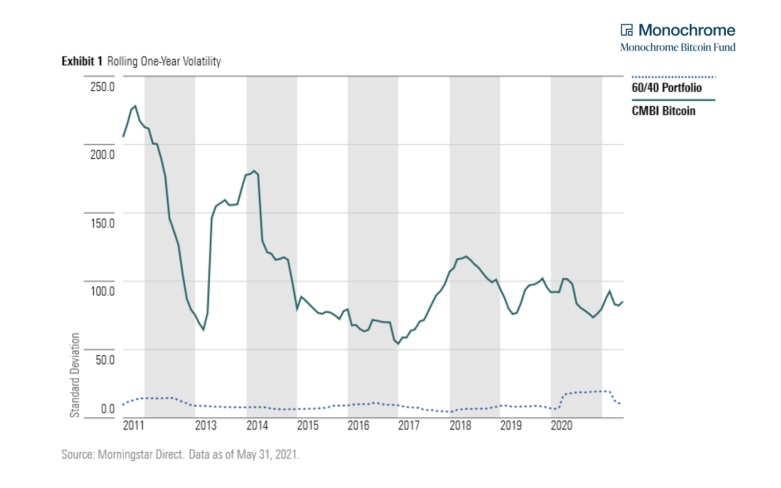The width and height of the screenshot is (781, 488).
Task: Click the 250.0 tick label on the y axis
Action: click(102, 87)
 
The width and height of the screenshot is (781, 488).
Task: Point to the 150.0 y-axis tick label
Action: click(102, 224)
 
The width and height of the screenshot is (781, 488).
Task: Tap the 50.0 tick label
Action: click(104, 360)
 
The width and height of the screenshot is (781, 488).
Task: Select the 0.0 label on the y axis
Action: click(107, 409)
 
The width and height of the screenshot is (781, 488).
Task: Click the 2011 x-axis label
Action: click(133, 426)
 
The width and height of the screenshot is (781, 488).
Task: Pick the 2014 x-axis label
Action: click(257, 426)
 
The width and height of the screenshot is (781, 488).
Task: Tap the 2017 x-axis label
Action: click(409, 426)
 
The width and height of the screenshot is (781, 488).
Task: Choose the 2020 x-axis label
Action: click(561, 426)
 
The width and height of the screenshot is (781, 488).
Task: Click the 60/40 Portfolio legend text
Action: click(666, 88)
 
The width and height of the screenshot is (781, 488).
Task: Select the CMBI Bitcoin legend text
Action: click(663, 111)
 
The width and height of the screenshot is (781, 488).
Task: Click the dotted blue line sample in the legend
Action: click(673, 77)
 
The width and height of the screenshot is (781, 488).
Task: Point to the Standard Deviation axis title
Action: click(75, 375)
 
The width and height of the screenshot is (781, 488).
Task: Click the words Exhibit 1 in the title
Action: click(82, 61)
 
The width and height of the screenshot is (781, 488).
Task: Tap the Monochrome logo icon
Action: click(626, 30)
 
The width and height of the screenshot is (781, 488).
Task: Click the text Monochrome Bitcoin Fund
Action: click(678, 47)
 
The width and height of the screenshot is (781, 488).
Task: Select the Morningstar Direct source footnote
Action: click(180, 454)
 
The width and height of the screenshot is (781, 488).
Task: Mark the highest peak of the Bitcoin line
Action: click(135, 106)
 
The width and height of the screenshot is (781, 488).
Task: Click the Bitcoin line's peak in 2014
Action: click(254, 171)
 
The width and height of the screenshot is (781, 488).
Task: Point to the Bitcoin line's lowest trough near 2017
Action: click(398, 344)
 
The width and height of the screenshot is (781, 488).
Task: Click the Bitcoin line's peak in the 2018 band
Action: click(466, 256)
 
